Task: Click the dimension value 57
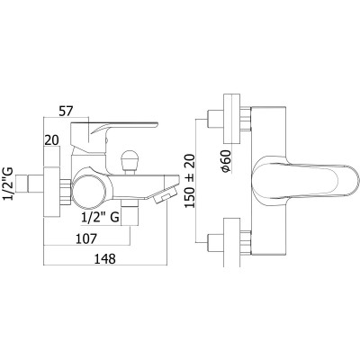pos(66,112)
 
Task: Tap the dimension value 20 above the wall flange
pos(52,140)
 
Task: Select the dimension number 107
pos(86,238)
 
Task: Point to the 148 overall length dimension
pos(104,259)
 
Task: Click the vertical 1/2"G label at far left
pos(8,184)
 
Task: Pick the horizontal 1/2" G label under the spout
pos(101,217)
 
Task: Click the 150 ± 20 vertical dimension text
pos(190,181)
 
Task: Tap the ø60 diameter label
pos(226,161)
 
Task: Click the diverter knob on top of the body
pos(130,159)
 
